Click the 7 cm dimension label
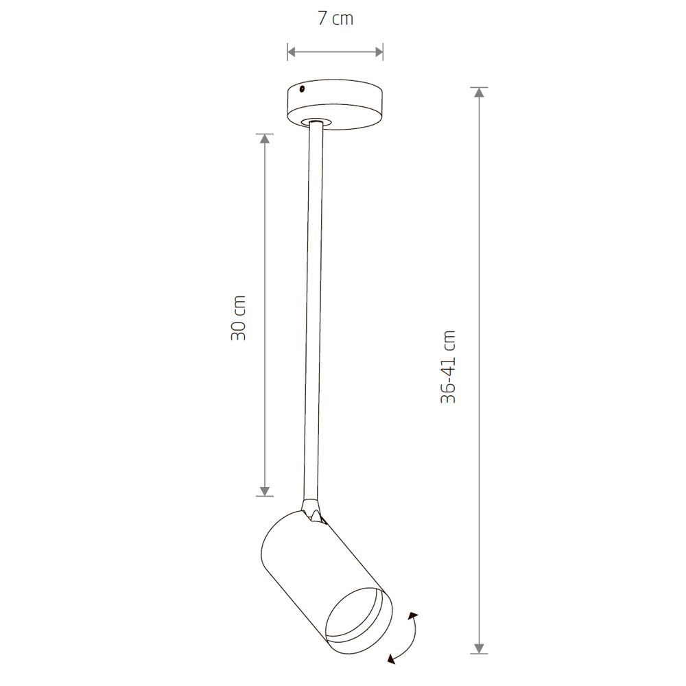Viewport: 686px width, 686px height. point(335,19)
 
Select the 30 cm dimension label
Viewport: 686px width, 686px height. point(239,318)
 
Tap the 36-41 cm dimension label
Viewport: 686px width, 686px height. point(449,366)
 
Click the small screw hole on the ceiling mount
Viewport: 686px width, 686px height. point(302,90)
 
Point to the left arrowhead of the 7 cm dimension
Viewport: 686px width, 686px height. point(292,52)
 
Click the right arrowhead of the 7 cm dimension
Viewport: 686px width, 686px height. point(379,52)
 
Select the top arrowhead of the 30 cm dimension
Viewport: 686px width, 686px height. point(264,139)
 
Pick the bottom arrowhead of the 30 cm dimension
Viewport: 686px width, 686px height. point(264,491)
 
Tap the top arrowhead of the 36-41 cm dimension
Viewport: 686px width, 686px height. point(480,93)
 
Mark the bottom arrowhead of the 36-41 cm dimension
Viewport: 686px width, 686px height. point(480,648)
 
